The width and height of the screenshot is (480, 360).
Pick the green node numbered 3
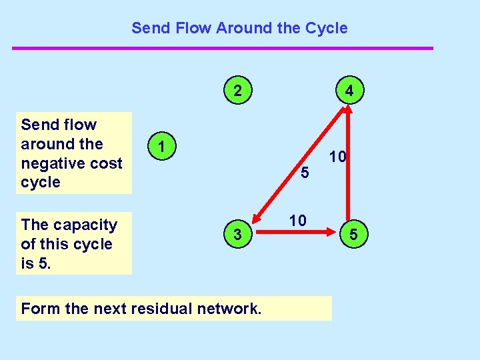pos(238,233)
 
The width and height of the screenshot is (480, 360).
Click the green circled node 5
pos(354,234)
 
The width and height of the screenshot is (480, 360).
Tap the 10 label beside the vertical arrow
pos(337,157)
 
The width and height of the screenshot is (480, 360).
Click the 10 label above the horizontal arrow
pos(297,219)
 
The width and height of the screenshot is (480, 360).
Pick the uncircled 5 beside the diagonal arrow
pos(305,173)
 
